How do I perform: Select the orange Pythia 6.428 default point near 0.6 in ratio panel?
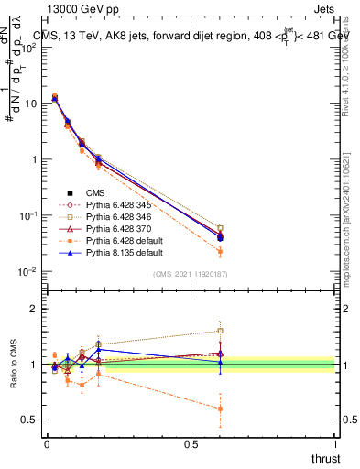click(x=220, y=409)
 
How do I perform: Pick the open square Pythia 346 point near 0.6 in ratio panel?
click(x=220, y=331)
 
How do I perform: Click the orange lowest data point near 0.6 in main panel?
click(x=220, y=251)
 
